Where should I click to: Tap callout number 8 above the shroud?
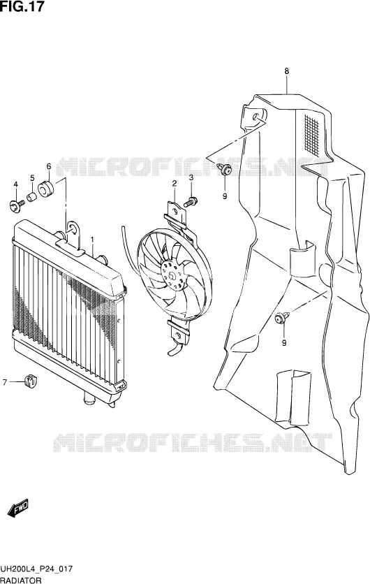coord(286,71)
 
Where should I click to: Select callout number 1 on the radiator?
coord(93,238)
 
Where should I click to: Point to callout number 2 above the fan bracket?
coord(174,183)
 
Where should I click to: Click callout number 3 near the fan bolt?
coord(191,178)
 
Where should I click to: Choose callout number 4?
coord(15,184)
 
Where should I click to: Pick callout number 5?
coord(32,177)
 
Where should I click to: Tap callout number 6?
coord(48,166)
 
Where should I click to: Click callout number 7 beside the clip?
coord(5,382)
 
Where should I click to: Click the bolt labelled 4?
coord(17,204)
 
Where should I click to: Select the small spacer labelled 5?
coord(32,196)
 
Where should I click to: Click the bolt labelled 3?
coord(190,203)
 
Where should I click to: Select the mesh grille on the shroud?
coord(312,135)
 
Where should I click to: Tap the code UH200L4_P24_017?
coord(36,569)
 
